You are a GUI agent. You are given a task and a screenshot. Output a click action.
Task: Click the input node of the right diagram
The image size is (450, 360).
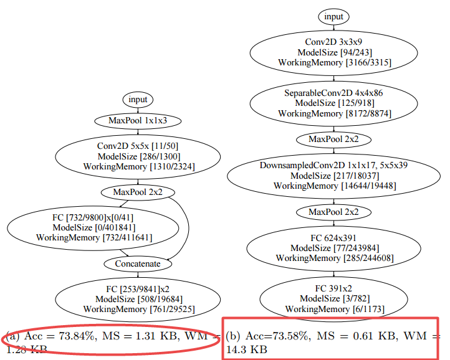pos(333,16)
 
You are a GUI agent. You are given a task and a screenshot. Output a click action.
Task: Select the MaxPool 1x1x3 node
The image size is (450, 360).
pos(138,120)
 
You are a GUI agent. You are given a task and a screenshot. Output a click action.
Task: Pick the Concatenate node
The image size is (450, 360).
pos(138,263)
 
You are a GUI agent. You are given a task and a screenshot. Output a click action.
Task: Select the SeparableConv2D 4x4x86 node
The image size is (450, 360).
pos(333,103)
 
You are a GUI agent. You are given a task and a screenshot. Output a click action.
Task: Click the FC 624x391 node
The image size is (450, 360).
pos(333,248)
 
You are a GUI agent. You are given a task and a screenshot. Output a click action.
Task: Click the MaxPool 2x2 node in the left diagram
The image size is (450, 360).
pos(138,192)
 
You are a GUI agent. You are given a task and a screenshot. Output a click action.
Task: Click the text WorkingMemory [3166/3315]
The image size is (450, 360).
pos(334,63)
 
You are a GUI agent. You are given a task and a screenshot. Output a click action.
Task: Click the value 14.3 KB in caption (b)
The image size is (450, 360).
pos(246,350)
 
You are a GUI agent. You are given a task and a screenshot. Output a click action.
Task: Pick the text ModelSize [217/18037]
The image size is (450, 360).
pos(333,176)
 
